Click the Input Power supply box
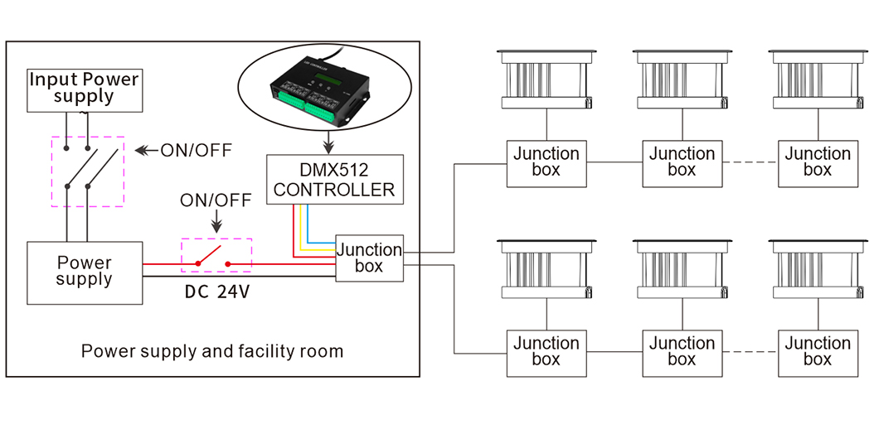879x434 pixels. point(84,89)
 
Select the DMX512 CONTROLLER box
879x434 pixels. point(335,179)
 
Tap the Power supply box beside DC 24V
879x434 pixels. point(85,272)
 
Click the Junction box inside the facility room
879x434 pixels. point(369,258)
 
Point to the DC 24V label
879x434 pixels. point(217,293)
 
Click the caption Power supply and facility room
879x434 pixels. point(212,352)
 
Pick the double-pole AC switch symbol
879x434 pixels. point(87,171)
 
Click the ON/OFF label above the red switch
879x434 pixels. point(216,200)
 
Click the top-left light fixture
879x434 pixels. point(546,79)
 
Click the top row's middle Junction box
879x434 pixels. point(682,163)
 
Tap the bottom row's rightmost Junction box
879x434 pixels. point(818,353)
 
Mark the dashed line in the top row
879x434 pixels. point(750,163)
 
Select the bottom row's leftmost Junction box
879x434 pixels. point(546,353)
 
